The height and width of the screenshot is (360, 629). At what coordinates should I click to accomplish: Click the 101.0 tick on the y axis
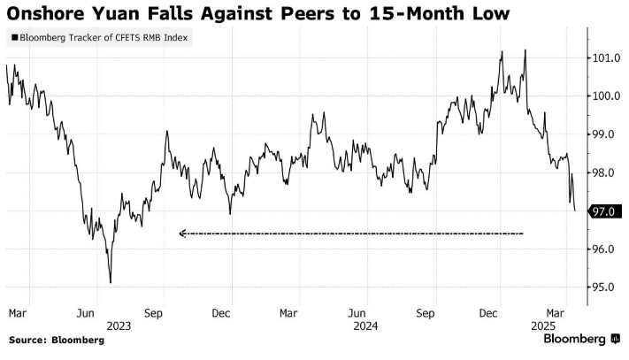(x=605, y=58)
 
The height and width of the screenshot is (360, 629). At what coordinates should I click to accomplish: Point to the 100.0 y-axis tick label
(x=605, y=96)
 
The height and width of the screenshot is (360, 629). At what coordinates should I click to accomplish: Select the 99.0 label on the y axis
(x=605, y=134)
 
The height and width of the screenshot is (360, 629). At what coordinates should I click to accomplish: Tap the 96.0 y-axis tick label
(x=605, y=249)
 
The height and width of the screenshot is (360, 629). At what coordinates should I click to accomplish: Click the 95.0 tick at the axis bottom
(x=605, y=287)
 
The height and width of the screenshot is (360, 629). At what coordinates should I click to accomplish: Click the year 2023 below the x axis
(x=119, y=325)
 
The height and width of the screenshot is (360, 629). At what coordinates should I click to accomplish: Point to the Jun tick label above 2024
(x=357, y=312)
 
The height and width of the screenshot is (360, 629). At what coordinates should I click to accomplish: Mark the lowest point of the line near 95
(x=111, y=283)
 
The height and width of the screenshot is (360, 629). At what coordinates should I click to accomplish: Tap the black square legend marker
(x=15, y=39)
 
